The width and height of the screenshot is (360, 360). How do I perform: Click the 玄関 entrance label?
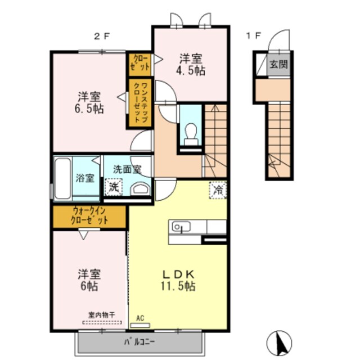pyautogui.click(x=278, y=64)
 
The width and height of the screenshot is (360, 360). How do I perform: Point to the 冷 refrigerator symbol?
pyautogui.click(x=218, y=190)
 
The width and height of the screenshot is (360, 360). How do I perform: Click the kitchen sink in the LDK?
pyautogui.click(x=181, y=227)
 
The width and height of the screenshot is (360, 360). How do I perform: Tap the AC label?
pyautogui.click(x=140, y=318)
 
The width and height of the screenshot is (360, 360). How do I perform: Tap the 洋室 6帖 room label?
pyautogui.click(x=89, y=280)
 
